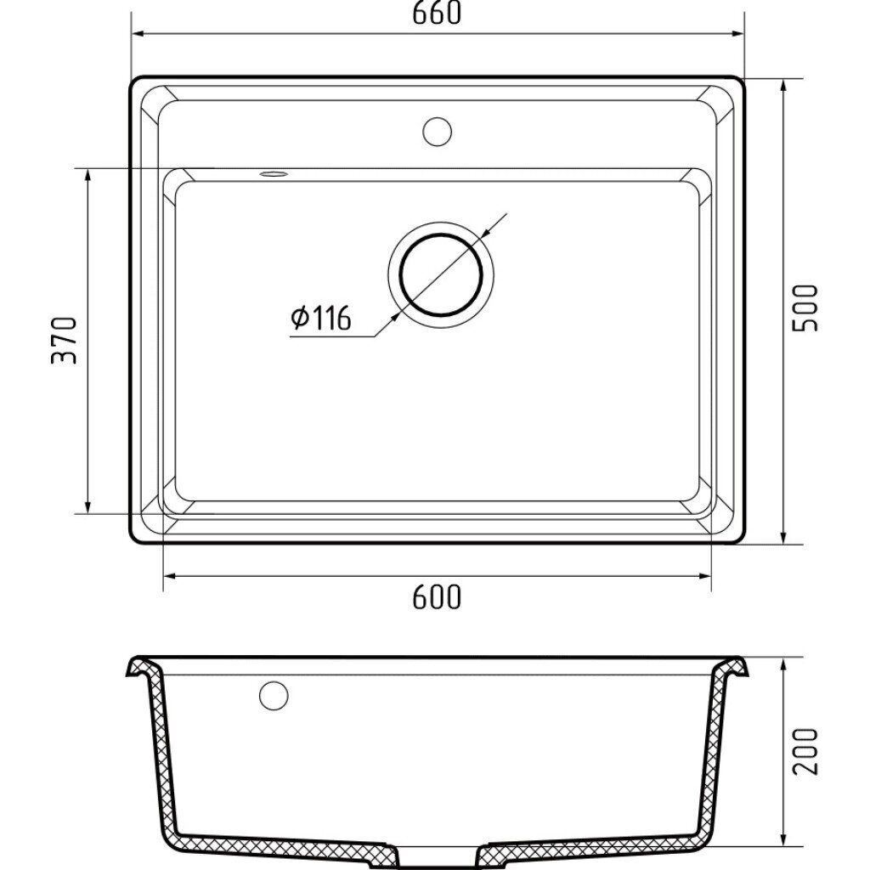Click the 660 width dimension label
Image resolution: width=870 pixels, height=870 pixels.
coord(437,13)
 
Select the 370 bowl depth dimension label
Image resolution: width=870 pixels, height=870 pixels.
coord(64,340)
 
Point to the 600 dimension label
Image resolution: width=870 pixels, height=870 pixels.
coord(437,597)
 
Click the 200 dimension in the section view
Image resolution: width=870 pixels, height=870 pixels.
coord(805,751)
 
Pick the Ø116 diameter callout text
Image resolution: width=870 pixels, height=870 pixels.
coord(320,318)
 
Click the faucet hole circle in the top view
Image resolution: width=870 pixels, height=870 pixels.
coord(438,132)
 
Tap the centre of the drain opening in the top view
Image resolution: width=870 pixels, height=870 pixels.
coord(441,275)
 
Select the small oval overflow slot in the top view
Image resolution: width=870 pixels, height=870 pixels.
coord(274,174)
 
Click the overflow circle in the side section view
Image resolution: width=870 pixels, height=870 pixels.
coord(274,695)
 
